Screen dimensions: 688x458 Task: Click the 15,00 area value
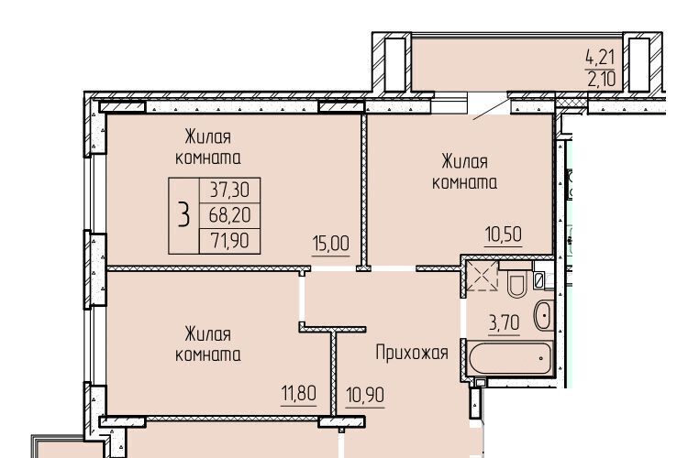(x=331, y=244)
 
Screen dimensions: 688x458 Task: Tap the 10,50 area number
(x=504, y=234)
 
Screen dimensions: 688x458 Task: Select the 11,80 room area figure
(x=298, y=393)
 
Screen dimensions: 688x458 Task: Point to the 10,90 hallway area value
(x=365, y=395)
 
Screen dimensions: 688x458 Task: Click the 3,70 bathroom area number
(x=505, y=323)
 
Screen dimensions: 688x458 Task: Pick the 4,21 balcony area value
(x=600, y=57)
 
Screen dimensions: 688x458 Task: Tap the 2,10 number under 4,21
(x=601, y=80)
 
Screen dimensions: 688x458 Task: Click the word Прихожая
(x=412, y=353)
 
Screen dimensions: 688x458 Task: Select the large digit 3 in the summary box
(x=183, y=215)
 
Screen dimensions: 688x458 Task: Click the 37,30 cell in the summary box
(x=229, y=191)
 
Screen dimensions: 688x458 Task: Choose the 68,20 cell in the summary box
(x=229, y=215)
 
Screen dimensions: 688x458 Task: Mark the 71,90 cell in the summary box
(x=229, y=241)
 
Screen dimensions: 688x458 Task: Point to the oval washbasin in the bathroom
(x=544, y=315)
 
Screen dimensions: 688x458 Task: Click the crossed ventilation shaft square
(x=482, y=276)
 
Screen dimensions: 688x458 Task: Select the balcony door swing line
(x=491, y=110)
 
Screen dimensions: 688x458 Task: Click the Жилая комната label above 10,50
(x=465, y=172)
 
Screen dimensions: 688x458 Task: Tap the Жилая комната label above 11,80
(x=208, y=344)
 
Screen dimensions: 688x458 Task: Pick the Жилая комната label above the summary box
(x=208, y=147)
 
